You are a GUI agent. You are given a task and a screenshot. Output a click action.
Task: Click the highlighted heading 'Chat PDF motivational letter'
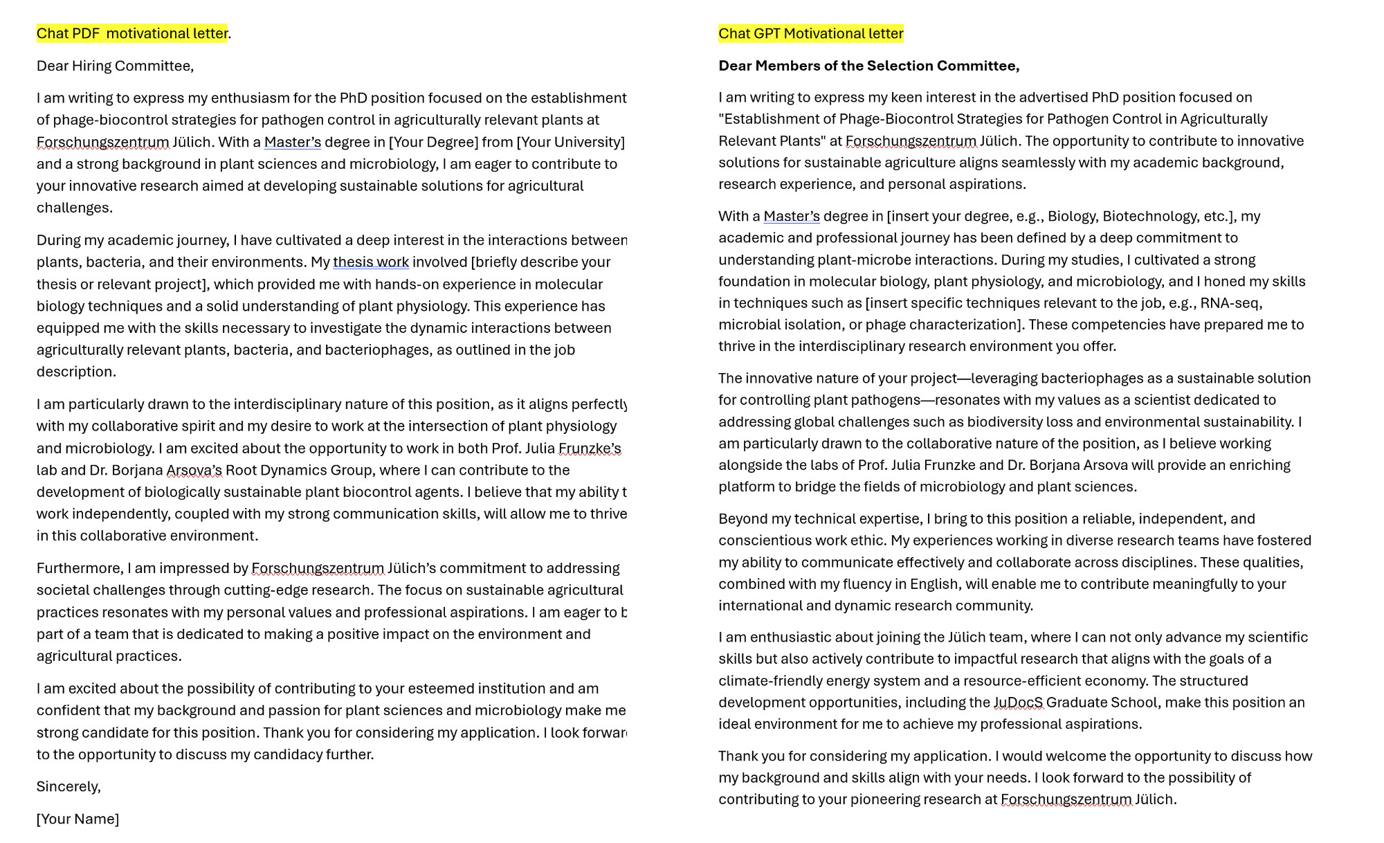tap(131, 33)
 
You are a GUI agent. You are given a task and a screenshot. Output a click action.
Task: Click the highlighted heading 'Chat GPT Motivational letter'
tap(810, 33)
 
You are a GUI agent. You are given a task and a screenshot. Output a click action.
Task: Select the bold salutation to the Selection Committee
tap(868, 66)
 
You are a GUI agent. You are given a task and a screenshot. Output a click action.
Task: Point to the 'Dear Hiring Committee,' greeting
tap(115, 66)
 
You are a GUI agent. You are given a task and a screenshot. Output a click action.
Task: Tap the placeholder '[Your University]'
tap(570, 142)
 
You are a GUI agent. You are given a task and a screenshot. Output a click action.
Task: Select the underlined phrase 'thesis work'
tap(370, 262)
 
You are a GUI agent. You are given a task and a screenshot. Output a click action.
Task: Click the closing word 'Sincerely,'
tap(69, 786)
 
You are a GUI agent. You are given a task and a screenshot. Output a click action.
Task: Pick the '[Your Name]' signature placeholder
tap(78, 819)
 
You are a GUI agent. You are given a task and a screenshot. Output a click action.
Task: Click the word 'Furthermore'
tap(78, 568)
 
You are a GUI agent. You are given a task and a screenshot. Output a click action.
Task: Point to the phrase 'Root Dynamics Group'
tap(299, 471)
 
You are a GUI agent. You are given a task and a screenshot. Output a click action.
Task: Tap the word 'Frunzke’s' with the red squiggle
tap(589, 448)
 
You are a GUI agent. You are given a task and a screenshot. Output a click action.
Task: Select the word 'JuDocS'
tap(1018, 702)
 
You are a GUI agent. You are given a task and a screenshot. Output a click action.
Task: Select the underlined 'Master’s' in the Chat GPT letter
tap(791, 216)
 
